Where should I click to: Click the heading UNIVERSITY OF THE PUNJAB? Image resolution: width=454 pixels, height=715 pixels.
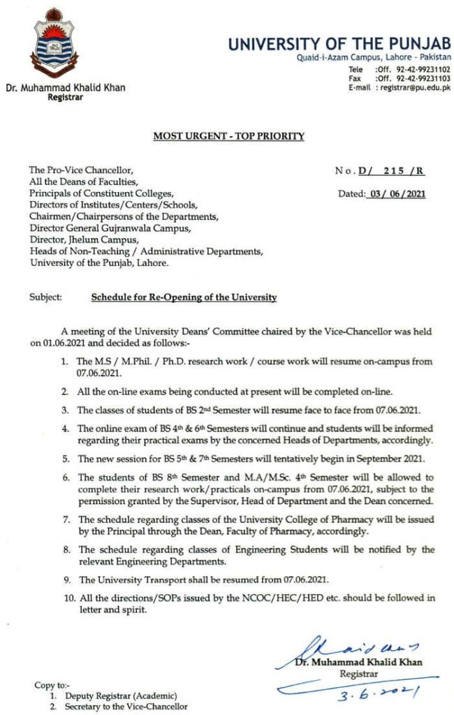[x=339, y=45]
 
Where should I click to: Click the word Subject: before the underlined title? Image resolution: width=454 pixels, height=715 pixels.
[x=46, y=297]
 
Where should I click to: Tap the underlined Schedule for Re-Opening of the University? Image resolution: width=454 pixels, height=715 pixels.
[x=184, y=297]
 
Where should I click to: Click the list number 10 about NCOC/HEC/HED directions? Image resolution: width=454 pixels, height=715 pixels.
[x=64, y=598]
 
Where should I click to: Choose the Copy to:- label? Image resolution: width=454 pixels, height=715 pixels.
[x=52, y=685]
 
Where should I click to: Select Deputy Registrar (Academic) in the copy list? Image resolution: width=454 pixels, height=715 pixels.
[x=122, y=696]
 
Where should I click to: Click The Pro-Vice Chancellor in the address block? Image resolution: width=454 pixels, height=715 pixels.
[x=80, y=170]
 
